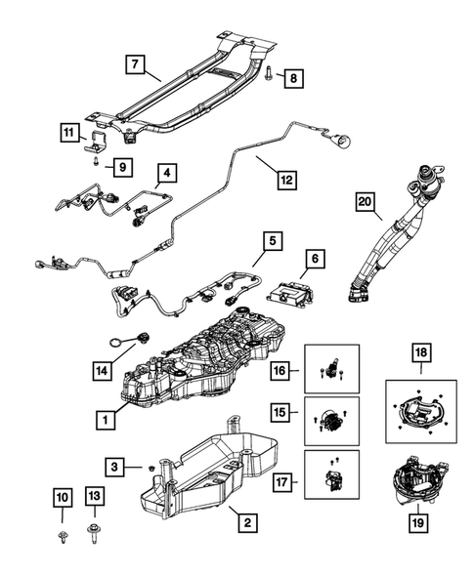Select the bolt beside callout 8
268,72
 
